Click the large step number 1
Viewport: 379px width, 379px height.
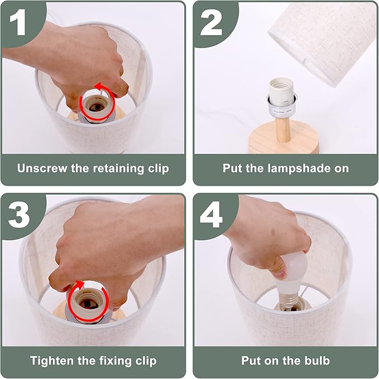click(18, 22)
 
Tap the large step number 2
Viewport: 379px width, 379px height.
click(211, 22)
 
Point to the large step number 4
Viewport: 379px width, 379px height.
click(211, 215)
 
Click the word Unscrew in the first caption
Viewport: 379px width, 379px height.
click(42, 168)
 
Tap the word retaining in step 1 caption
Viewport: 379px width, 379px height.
click(118, 168)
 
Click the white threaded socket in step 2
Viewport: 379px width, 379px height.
click(281, 91)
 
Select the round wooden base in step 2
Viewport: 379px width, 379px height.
click(284, 138)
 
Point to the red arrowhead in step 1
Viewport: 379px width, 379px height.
click(98, 86)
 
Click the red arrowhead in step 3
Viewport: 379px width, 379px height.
click(80, 284)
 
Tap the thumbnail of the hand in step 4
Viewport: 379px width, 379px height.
click(280, 274)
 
